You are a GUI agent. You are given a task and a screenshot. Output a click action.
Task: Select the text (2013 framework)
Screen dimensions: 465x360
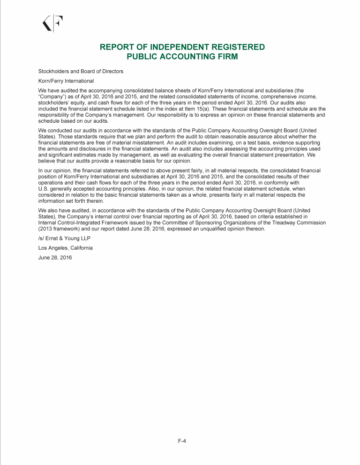pos(60,229)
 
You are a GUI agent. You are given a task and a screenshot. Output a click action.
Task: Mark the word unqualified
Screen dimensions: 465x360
pos(208,229)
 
